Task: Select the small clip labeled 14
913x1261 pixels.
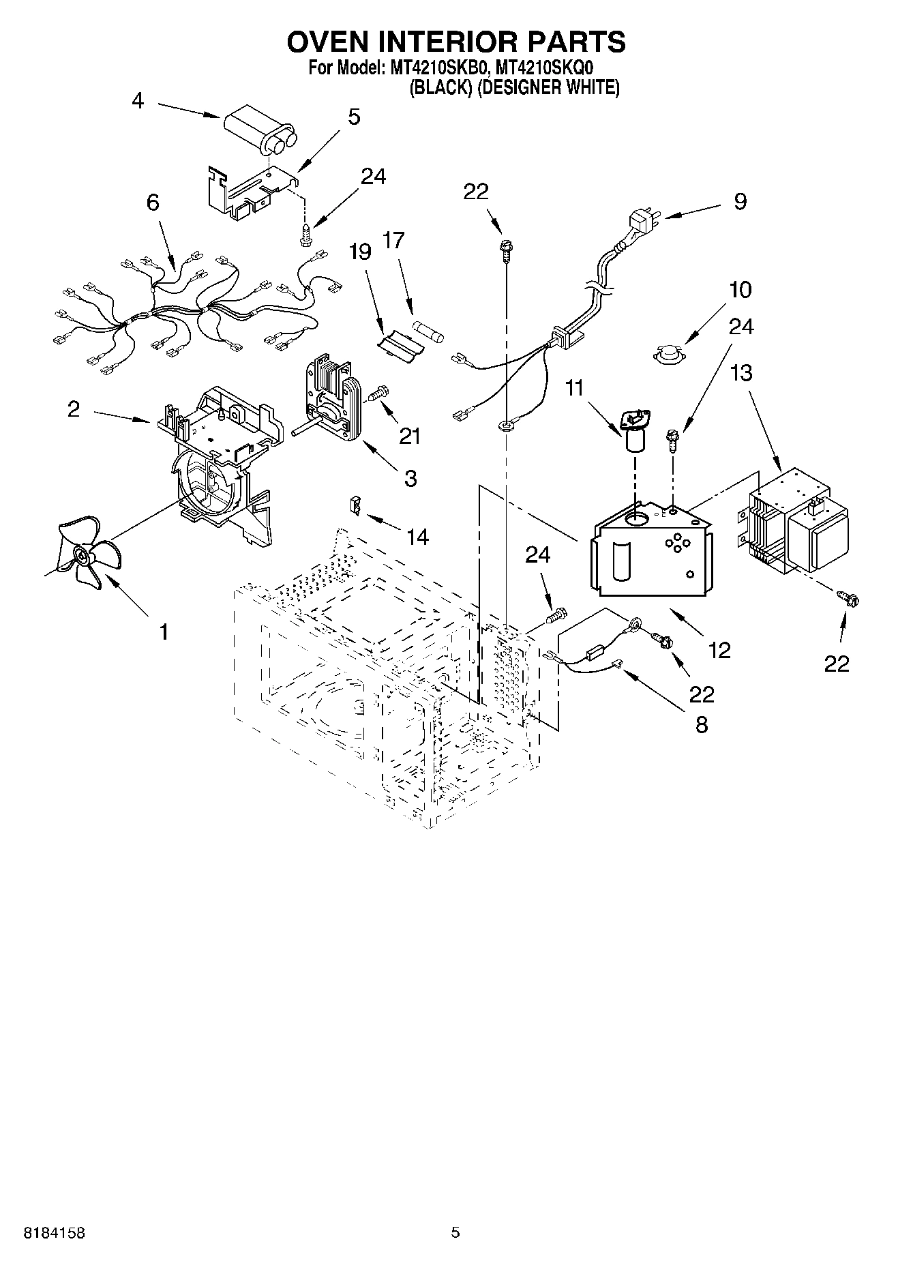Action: pos(355,505)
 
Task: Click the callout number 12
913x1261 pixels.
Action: pos(719,650)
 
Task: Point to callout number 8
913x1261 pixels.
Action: pos(701,724)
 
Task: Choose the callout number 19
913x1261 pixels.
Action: pos(360,252)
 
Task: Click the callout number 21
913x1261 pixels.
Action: pos(410,435)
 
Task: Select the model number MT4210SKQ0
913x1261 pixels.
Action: pos(545,68)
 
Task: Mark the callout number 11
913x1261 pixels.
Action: pos(575,389)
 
